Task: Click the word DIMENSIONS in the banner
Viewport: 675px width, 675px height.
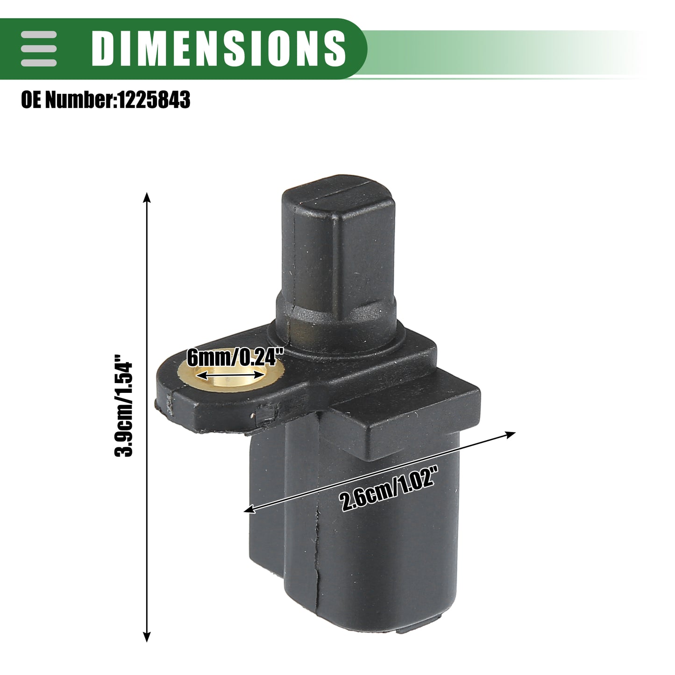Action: (219, 48)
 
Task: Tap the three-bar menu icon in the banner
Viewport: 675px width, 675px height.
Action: (39, 48)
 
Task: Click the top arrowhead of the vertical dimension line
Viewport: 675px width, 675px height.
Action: (147, 198)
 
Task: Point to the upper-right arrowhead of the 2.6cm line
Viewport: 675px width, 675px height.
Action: (510, 435)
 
